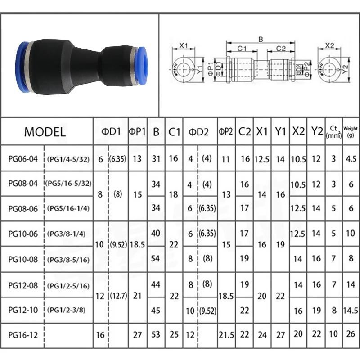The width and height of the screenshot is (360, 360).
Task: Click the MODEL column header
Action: (45, 132)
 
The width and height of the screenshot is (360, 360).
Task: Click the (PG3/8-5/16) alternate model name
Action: (68, 259)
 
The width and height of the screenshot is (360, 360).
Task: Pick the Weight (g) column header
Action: (350, 132)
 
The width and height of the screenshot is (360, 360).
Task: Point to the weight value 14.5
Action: (350, 310)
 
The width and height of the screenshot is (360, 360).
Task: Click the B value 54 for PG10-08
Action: (156, 259)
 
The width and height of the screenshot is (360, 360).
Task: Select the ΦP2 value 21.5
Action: (226, 334)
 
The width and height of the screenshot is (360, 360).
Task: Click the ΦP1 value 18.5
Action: (137, 245)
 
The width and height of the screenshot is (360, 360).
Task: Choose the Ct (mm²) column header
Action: (333, 132)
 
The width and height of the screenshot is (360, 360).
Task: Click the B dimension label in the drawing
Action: (260, 40)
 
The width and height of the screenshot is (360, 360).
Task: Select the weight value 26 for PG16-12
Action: (350, 334)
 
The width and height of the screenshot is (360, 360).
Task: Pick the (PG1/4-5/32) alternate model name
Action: (68, 158)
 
